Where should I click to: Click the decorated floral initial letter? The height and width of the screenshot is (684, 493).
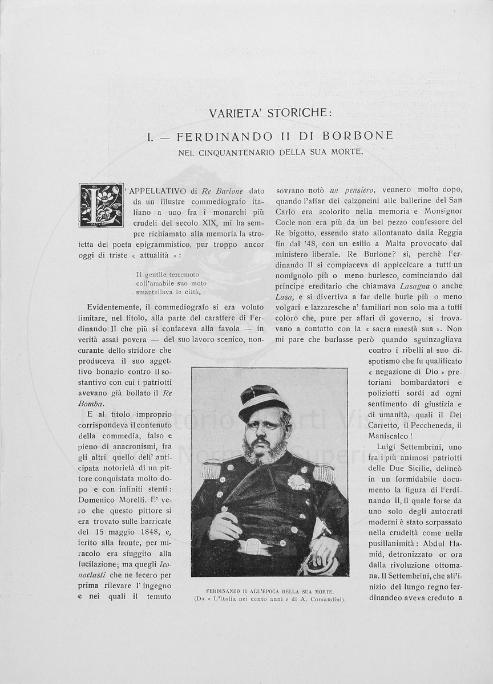click(101, 205)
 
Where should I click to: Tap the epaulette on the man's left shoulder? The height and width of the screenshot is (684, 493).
click(324, 473)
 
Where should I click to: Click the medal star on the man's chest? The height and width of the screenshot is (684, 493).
click(298, 482)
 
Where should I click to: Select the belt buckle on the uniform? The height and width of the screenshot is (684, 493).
click(254, 546)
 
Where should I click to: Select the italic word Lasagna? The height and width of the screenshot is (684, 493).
click(420, 287)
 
